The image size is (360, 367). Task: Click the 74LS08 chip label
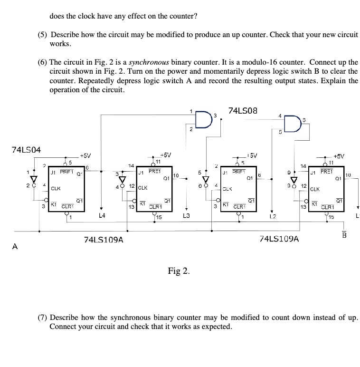243,111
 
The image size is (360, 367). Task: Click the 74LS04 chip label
26,150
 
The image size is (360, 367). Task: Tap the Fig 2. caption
179,271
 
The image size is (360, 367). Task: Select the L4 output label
101,215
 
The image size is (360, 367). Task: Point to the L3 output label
187,215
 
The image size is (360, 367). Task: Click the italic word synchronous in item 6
150,62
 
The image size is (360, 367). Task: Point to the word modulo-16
265,62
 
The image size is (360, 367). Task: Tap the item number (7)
43,317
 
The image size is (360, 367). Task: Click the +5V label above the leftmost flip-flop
86,155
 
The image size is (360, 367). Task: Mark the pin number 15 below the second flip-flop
159,217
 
